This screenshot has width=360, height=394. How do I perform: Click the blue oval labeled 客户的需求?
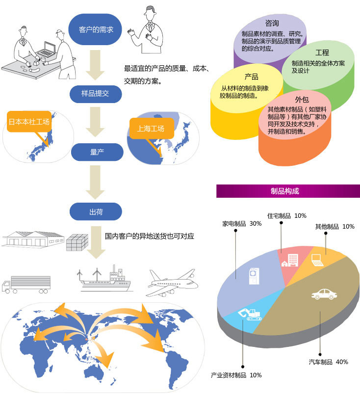[x=95, y=29]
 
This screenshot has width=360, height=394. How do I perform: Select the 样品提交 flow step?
[x=96, y=94]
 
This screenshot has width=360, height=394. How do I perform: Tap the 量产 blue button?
[x=97, y=152]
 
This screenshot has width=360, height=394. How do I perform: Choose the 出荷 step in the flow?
[x=96, y=211]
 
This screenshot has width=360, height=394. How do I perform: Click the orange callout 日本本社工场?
[x=29, y=122]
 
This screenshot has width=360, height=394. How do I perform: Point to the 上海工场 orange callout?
[x=152, y=129]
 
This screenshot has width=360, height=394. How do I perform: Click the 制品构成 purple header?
[x=288, y=191]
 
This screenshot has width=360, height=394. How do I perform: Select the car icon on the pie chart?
[x=324, y=294]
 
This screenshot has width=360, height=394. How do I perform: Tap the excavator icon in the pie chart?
[x=250, y=314]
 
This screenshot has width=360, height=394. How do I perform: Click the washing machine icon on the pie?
[x=254, y=276]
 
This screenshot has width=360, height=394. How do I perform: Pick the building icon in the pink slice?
[x=290, y=260]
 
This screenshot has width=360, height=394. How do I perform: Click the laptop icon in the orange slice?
[x=317, y=260]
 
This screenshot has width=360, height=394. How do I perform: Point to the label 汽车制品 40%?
[x=328, y=362]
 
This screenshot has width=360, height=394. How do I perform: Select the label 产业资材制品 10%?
[x=236, y=375]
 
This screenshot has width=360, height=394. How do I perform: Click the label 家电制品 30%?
[x=242, y=223]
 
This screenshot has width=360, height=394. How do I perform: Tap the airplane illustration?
[x=173, y=283]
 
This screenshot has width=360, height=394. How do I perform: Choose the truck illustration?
[x=26, y=285]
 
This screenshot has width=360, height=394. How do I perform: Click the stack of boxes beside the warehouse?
[x=77, y=242]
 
